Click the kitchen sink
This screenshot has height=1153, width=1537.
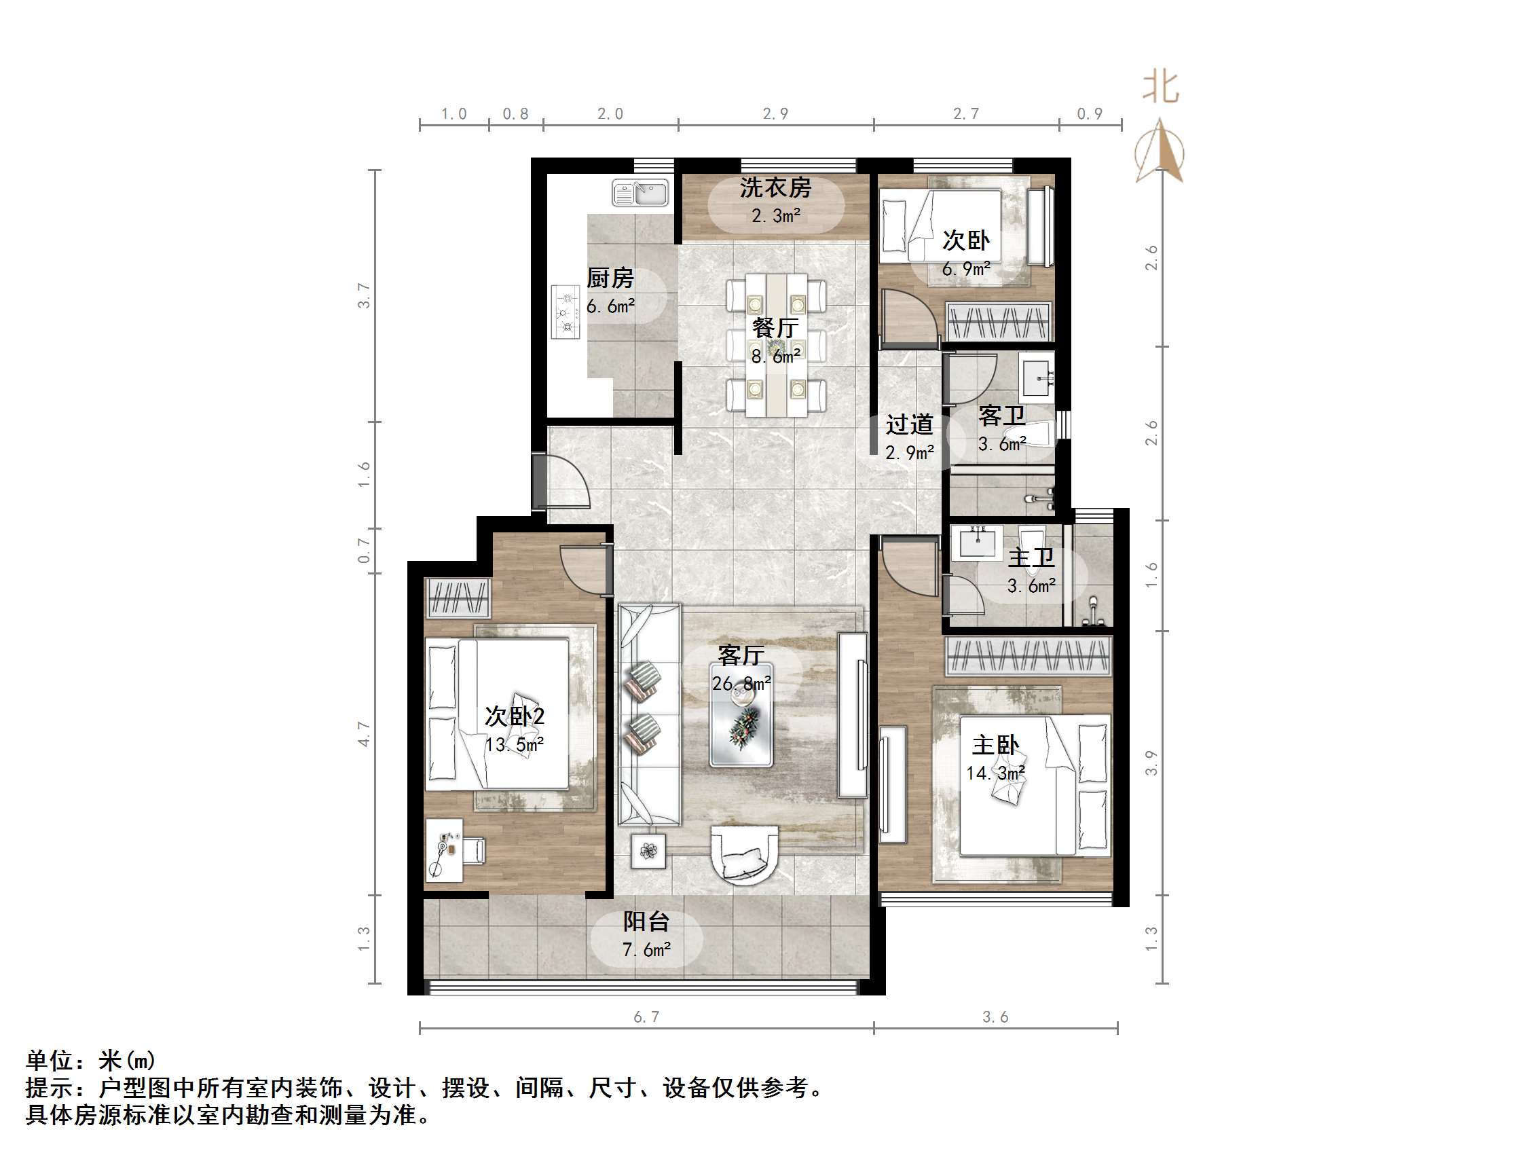tap(640, 193)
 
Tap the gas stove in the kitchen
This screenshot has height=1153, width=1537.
tap(566, 312)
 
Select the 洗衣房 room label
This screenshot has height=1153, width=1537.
tap(775, 187)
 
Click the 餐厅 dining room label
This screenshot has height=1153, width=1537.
tap(775, 328)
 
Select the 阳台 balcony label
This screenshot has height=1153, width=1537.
tap(646, 921)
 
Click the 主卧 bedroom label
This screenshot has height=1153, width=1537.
tap(995, 745)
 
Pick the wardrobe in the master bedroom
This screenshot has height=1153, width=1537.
tap(1028, 655)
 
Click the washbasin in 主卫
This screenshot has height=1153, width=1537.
tap(978, 541)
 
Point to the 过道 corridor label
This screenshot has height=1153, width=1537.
tap(909, 424)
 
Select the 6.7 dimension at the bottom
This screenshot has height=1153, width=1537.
tap(646, 1017)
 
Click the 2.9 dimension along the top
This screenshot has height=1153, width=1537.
tap(775, 114)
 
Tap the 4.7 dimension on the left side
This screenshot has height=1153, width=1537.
tap(364, 734)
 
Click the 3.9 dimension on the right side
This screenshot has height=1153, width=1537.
tap(1151, 763)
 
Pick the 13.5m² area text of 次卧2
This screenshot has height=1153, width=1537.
tap(514, 745)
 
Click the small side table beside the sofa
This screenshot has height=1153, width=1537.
tap(648, 851)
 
